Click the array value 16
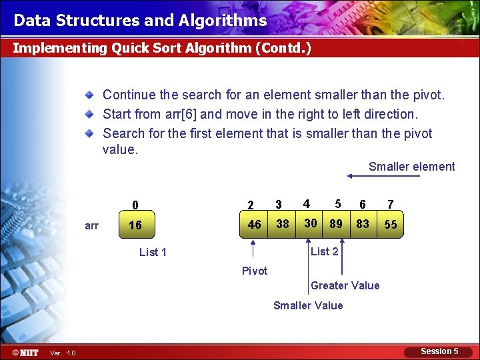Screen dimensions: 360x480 pos(135,225)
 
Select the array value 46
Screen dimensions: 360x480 pos(255,225)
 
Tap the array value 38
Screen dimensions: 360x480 pos(283,224)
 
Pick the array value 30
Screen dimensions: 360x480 pos(310,223)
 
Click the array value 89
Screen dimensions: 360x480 pos(336,224)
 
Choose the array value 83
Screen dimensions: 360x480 pos(363,224)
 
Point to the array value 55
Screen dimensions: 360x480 pos(391,225)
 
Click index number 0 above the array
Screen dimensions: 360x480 pos(135,205)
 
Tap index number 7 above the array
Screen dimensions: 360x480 pos(391,204)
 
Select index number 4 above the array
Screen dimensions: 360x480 pos(306,203)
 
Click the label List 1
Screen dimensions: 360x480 pos(153,252)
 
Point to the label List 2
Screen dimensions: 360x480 pos(325,251)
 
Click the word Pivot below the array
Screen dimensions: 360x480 pos(255,271)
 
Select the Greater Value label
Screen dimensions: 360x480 pos(345,285)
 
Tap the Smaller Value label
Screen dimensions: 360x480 pos(308,305)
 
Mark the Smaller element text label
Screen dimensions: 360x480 pos(411,167)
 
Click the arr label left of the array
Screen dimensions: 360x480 pos(92,226)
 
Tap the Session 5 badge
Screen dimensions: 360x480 pos(439,351)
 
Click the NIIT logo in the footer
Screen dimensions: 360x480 pos(25,352)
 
